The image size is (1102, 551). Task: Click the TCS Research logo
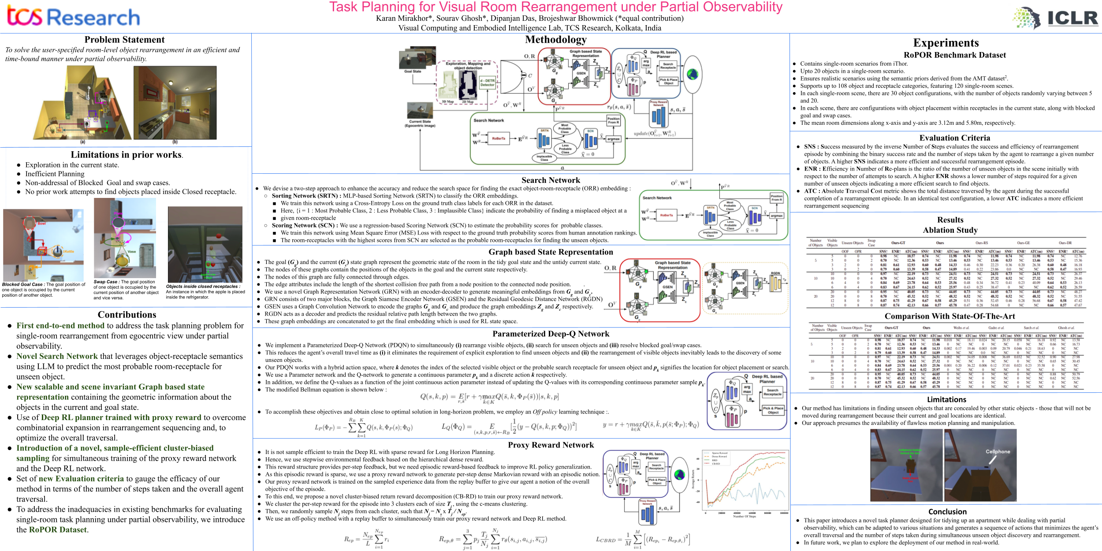coord(73,17)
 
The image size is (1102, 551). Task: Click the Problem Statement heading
coord(124,40)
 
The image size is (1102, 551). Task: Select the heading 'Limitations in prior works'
coord(127,155)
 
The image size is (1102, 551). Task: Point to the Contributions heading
coord(127,315)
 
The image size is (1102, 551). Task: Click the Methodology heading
coord(555,40)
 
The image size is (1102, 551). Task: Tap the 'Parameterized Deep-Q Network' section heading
coord(551,334)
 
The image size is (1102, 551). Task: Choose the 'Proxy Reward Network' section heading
coord(551,445)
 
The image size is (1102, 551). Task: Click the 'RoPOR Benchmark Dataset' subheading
coord(954,55)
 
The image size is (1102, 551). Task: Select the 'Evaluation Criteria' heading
coord(954,138)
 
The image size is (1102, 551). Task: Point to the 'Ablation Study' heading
coord(950,230)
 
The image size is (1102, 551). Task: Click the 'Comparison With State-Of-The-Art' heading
coord(949,316)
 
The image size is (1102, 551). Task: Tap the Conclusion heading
coord(947,512)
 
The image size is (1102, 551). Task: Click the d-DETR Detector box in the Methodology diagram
coord(487,83)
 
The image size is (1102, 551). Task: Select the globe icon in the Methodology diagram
coord(692,74)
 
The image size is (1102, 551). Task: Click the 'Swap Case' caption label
coord(105,282)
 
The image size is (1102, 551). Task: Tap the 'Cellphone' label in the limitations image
coord(998,452)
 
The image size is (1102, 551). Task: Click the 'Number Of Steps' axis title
coord(745,516)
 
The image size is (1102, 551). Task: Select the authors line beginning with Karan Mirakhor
coord(529,19)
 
